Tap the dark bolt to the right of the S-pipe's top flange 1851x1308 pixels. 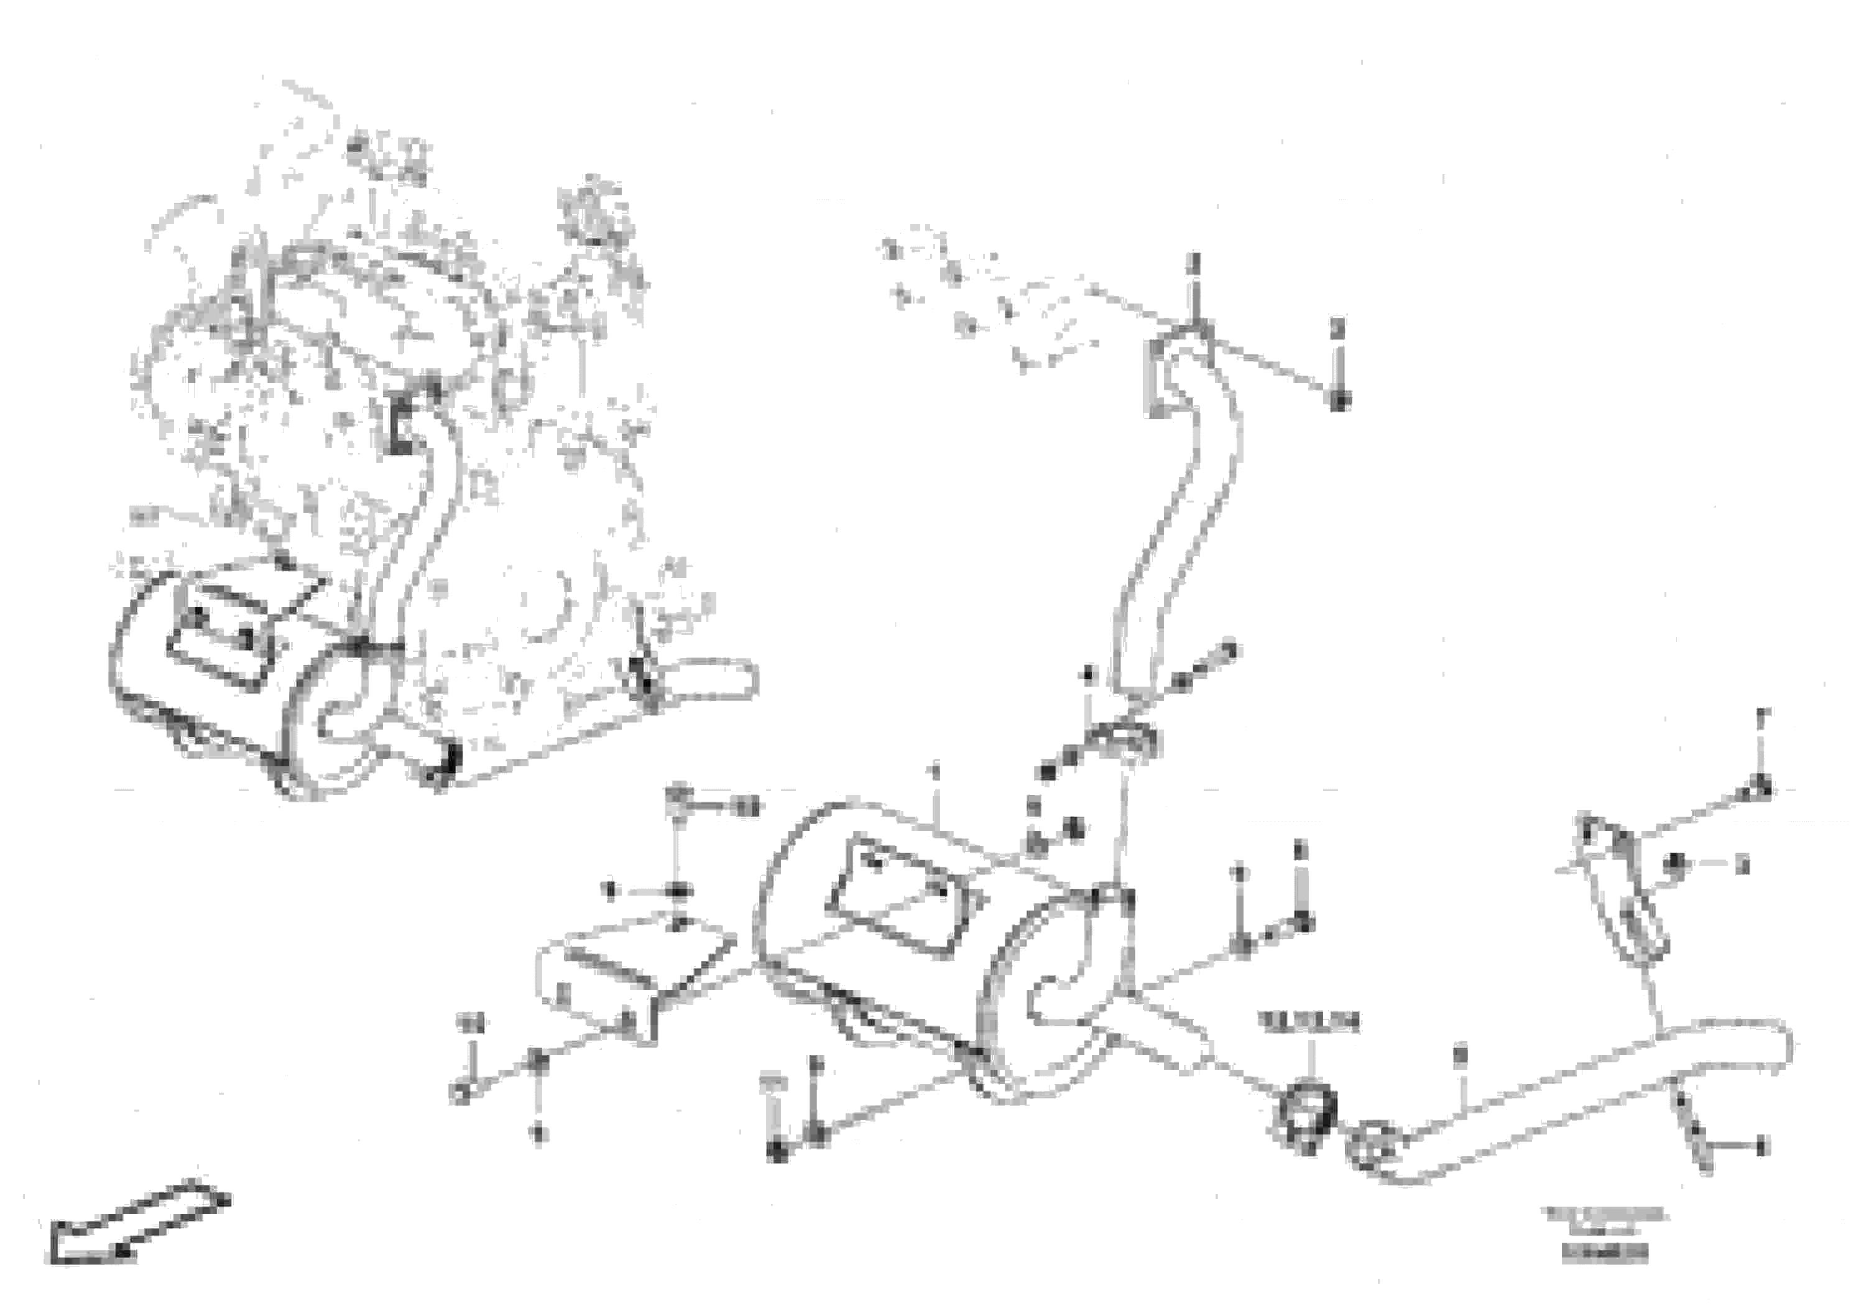[x=1339, y=400]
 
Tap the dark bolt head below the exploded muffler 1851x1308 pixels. [x=777, y=1153]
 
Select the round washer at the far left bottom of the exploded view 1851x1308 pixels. [x=460, y=1093]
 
